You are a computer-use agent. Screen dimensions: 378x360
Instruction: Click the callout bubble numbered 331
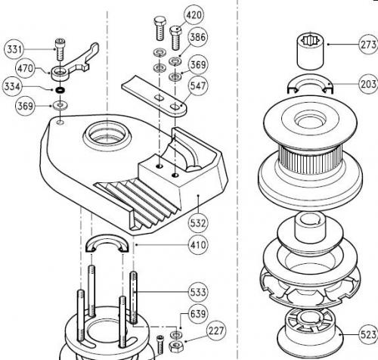pyautogui.click(x=14, y=49)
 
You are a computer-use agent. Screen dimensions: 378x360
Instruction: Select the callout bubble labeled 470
pyautogui.click(x=26, y=68)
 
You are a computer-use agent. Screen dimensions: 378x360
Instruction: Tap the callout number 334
pyautogui.click(x=12, y=86)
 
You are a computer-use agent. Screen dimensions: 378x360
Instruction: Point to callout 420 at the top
pyautogui.click(x=194, y=15)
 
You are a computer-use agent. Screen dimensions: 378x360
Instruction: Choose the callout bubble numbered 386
pyautogui.click(x=197, y=37)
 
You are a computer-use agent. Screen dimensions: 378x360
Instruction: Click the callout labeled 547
pyautogui.click(x=198, y=86)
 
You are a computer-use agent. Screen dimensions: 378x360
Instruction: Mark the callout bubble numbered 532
pyautogui.click(x=198, y=223)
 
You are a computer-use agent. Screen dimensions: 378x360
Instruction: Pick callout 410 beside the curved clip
pyautogui.click(x=198, y=245)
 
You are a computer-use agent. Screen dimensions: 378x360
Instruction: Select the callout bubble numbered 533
pyautogui.click(x=198, y=292)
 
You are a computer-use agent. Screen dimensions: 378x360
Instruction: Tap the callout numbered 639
pyautogui.click(x=198, y=314)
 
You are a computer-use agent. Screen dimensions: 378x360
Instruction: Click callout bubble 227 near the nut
pyautogui.click(x=216, y=331)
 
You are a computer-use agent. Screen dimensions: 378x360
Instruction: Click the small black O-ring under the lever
pyautogui.click(x=60, y=90)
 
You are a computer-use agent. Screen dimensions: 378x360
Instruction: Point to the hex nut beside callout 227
pyautogui.click(x=176, y=346)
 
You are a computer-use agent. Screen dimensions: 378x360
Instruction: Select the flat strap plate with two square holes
pyautogui.click(x=154, y=96)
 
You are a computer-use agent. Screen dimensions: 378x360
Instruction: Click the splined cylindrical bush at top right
pyautogui.click(x=310, y=51)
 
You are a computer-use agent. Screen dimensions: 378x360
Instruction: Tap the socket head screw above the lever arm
pyautogui.click(x=60, y=49)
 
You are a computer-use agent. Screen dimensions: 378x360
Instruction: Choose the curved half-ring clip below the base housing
pyautogui.click(x=107, y=243)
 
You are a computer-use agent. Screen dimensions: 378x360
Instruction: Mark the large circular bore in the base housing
pyautogui.click(x=107, y=135)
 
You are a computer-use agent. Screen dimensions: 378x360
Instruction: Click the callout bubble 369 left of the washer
pyautogui.click(x=26, y=106)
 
